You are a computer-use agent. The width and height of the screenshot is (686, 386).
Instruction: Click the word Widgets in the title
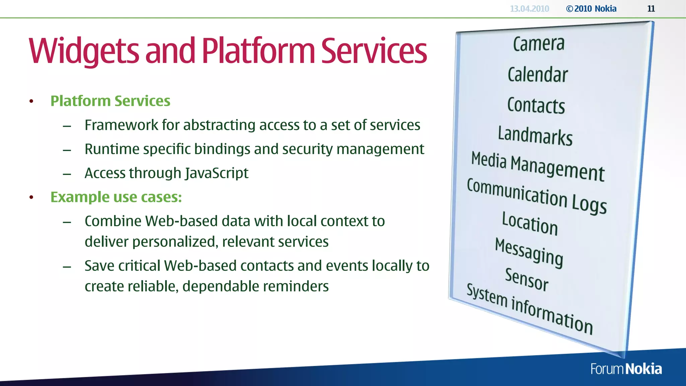[x=84, y=51]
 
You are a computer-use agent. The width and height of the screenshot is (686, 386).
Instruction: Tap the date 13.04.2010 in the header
[x=529, y=9]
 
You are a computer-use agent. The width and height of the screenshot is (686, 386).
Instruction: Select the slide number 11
[x=651, y=9]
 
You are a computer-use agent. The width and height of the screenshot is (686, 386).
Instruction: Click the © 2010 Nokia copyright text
[x=591, y=9]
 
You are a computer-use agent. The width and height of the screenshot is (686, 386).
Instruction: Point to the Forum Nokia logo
[x=626, y=369]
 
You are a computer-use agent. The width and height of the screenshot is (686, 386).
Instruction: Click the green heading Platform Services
[x=110, y=101]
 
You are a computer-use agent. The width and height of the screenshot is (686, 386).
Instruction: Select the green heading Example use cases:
[x=116, y=197]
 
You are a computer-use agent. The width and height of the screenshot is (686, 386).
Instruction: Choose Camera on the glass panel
[x=539, y=44]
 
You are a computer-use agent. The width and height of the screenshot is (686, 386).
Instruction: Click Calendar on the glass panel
[x=538, y=74]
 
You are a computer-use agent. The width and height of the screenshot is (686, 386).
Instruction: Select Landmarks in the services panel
[x=535, y=136]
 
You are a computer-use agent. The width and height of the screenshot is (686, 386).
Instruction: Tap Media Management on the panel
[x=538, y=166]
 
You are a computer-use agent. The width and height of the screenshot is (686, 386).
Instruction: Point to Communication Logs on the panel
[x=537, y=196]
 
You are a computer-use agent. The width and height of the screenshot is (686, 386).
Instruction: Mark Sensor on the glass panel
[x=527, y=279]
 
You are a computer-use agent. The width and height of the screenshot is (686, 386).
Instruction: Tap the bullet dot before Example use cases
[x=31, y=197]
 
